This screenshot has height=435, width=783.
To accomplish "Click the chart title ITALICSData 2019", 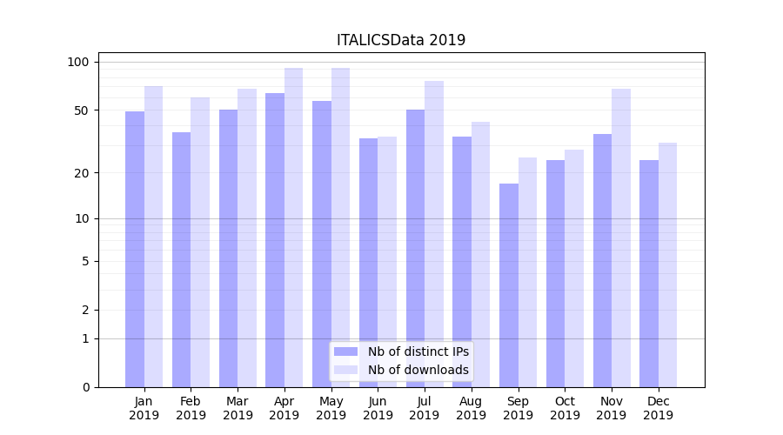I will [401, 40].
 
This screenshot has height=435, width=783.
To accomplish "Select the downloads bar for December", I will [667, 264].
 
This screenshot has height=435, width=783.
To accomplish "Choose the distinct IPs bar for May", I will [322, 244].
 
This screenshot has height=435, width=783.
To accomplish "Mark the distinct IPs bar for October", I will [556, 273].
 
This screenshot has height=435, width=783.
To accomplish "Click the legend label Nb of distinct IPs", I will [418, 351].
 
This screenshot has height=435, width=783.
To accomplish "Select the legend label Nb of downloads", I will [418, 370].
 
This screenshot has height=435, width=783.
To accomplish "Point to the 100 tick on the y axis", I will [78, 62].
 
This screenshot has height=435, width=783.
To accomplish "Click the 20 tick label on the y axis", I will [82, 172].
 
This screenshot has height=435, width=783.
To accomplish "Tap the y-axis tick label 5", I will [85, 261].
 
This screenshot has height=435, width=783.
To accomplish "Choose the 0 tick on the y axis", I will [85, 387].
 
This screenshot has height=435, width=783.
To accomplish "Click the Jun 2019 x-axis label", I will [378, 408].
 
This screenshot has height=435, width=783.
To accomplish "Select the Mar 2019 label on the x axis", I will [238, 408].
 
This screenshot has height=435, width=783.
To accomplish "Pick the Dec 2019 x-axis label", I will [658, 408].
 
